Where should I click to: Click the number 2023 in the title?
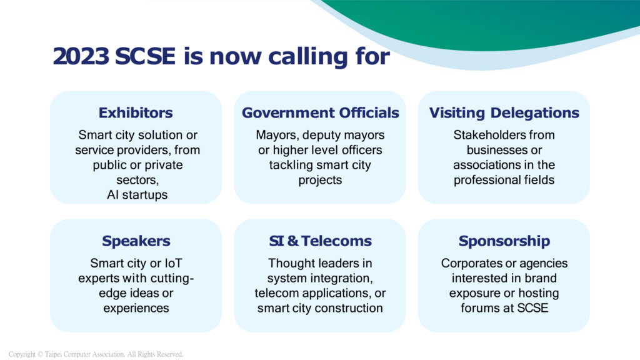click(x=81, y=56)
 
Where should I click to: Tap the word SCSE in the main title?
click(x=145, y=56)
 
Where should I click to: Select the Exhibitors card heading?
click(x=136, y=112)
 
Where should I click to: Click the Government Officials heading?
click(x=321, y=112)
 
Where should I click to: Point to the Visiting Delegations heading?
click(x=504, y=112)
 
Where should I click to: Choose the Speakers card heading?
click(x=136, y=241)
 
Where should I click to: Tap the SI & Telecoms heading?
click(x=321, y=241)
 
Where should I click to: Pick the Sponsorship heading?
click(x=504, y=241)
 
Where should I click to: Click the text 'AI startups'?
click(x=137, y=195)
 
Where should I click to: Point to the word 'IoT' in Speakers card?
click(x=173, y=263)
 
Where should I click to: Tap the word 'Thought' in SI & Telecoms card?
click(x=289, y=263)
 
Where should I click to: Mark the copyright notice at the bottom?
click(x=96, y=354)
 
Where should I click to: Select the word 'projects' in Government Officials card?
click(x=320, y=181)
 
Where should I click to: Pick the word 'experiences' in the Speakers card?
click(x=136, y=308)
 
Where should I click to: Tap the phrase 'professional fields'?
click(x=504, y=180)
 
